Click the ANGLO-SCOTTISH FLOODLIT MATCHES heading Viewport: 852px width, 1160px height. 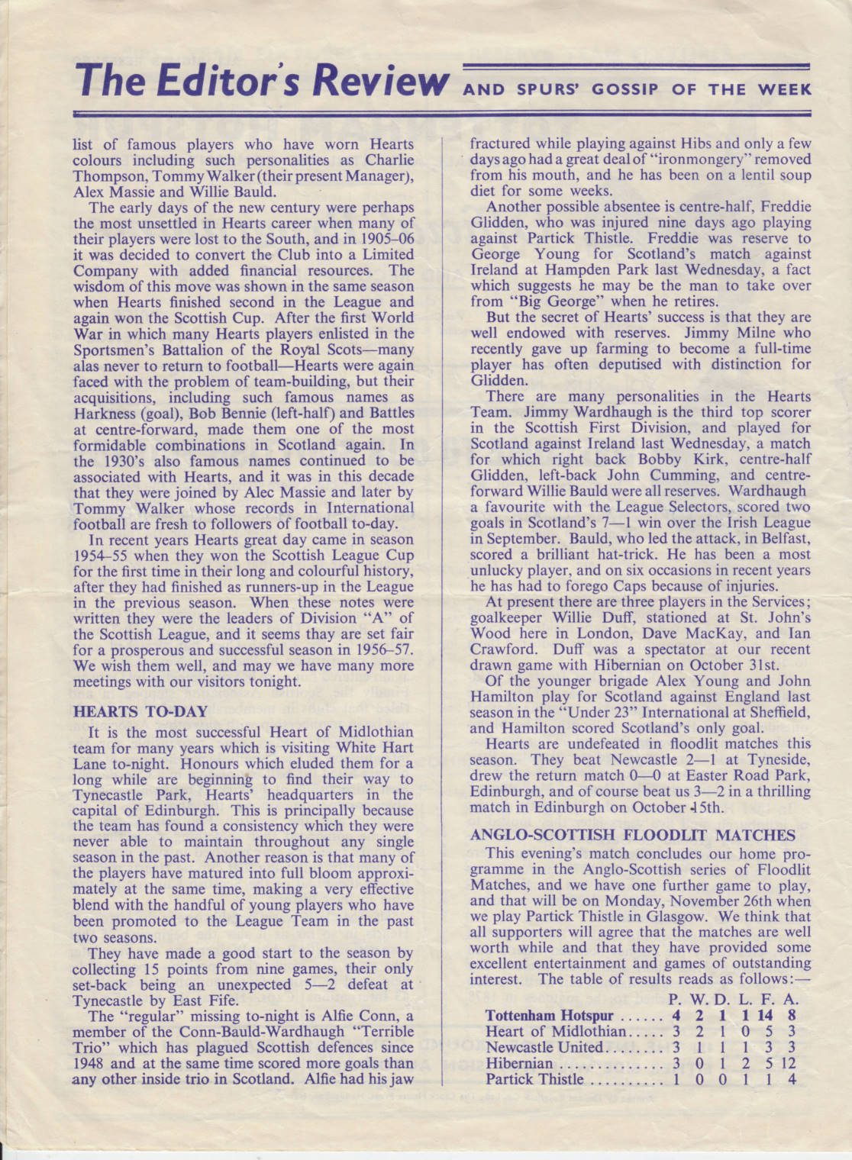(633, 835)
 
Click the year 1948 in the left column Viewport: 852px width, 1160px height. (89, 1063)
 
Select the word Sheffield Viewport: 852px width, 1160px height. (775, 712)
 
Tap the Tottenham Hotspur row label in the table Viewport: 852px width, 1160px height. (549, 1016)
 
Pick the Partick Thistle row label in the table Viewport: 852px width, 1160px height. (534, 1079)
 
